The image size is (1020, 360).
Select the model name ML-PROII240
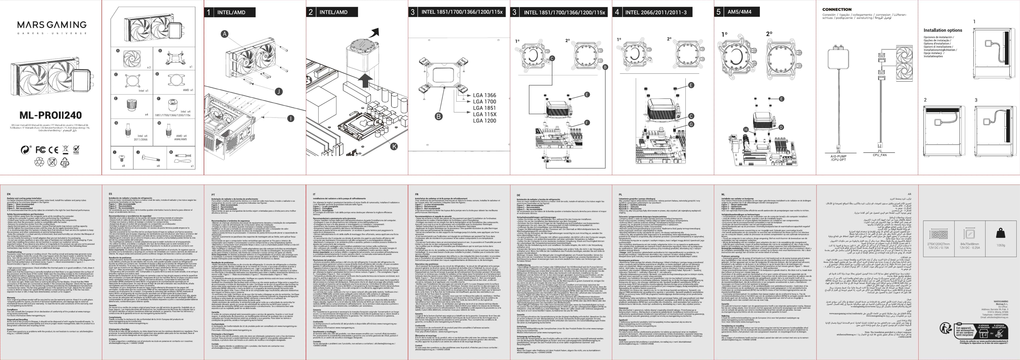pos(51,115)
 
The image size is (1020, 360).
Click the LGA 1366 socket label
pos(484,95)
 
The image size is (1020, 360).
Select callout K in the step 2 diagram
pos(394,146)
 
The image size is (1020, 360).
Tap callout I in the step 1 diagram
pos(291,118)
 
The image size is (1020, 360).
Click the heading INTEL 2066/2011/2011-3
pos(655,12)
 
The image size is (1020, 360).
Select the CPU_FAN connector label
pos(879,155)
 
